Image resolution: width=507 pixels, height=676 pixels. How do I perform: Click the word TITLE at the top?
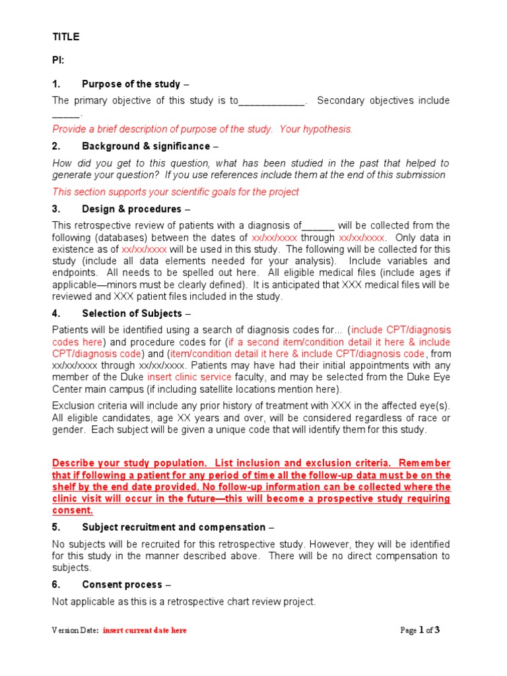pyautogui.click(x=66, y=37)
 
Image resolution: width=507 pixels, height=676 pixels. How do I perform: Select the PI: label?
pyautogui.click(x=59, y=61)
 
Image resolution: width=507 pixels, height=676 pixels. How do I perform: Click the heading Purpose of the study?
pyautogui.click(x=131, y=84)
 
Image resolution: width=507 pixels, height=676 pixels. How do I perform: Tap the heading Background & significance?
pyautogui.click(x=146, y=146)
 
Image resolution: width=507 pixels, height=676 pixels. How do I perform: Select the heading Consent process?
pyautogui.click(x=121, y=585)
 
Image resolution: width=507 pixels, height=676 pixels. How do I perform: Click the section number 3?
pyautogui.click(x=56, y=209)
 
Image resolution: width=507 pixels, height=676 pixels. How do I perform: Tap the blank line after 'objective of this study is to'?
pyautogui.click(x=271, y=101)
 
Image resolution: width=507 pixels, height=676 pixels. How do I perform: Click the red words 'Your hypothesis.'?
pyautogui.click(x=316, y=129)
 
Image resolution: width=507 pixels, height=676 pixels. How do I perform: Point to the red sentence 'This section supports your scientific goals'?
pyautogui.click(x=176, y=192)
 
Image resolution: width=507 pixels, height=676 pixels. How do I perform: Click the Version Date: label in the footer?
pyautogui.click(x=75, y=630)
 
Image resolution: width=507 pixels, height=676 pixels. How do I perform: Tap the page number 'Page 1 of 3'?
pyautogui.click(x=420, y=630)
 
